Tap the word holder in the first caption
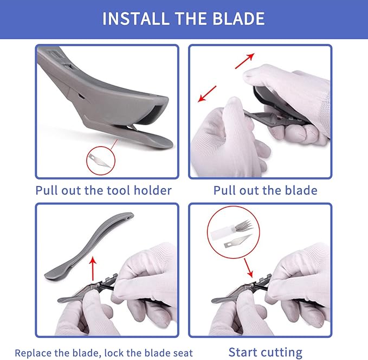(152, 190)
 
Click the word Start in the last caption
(242, 352)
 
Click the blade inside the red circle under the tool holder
(99, 160)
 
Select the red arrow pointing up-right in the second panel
(245, 61)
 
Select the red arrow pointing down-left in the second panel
(207, 94)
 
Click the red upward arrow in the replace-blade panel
(93, 269)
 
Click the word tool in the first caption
(119, 190)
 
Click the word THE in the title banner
(191, 18)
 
